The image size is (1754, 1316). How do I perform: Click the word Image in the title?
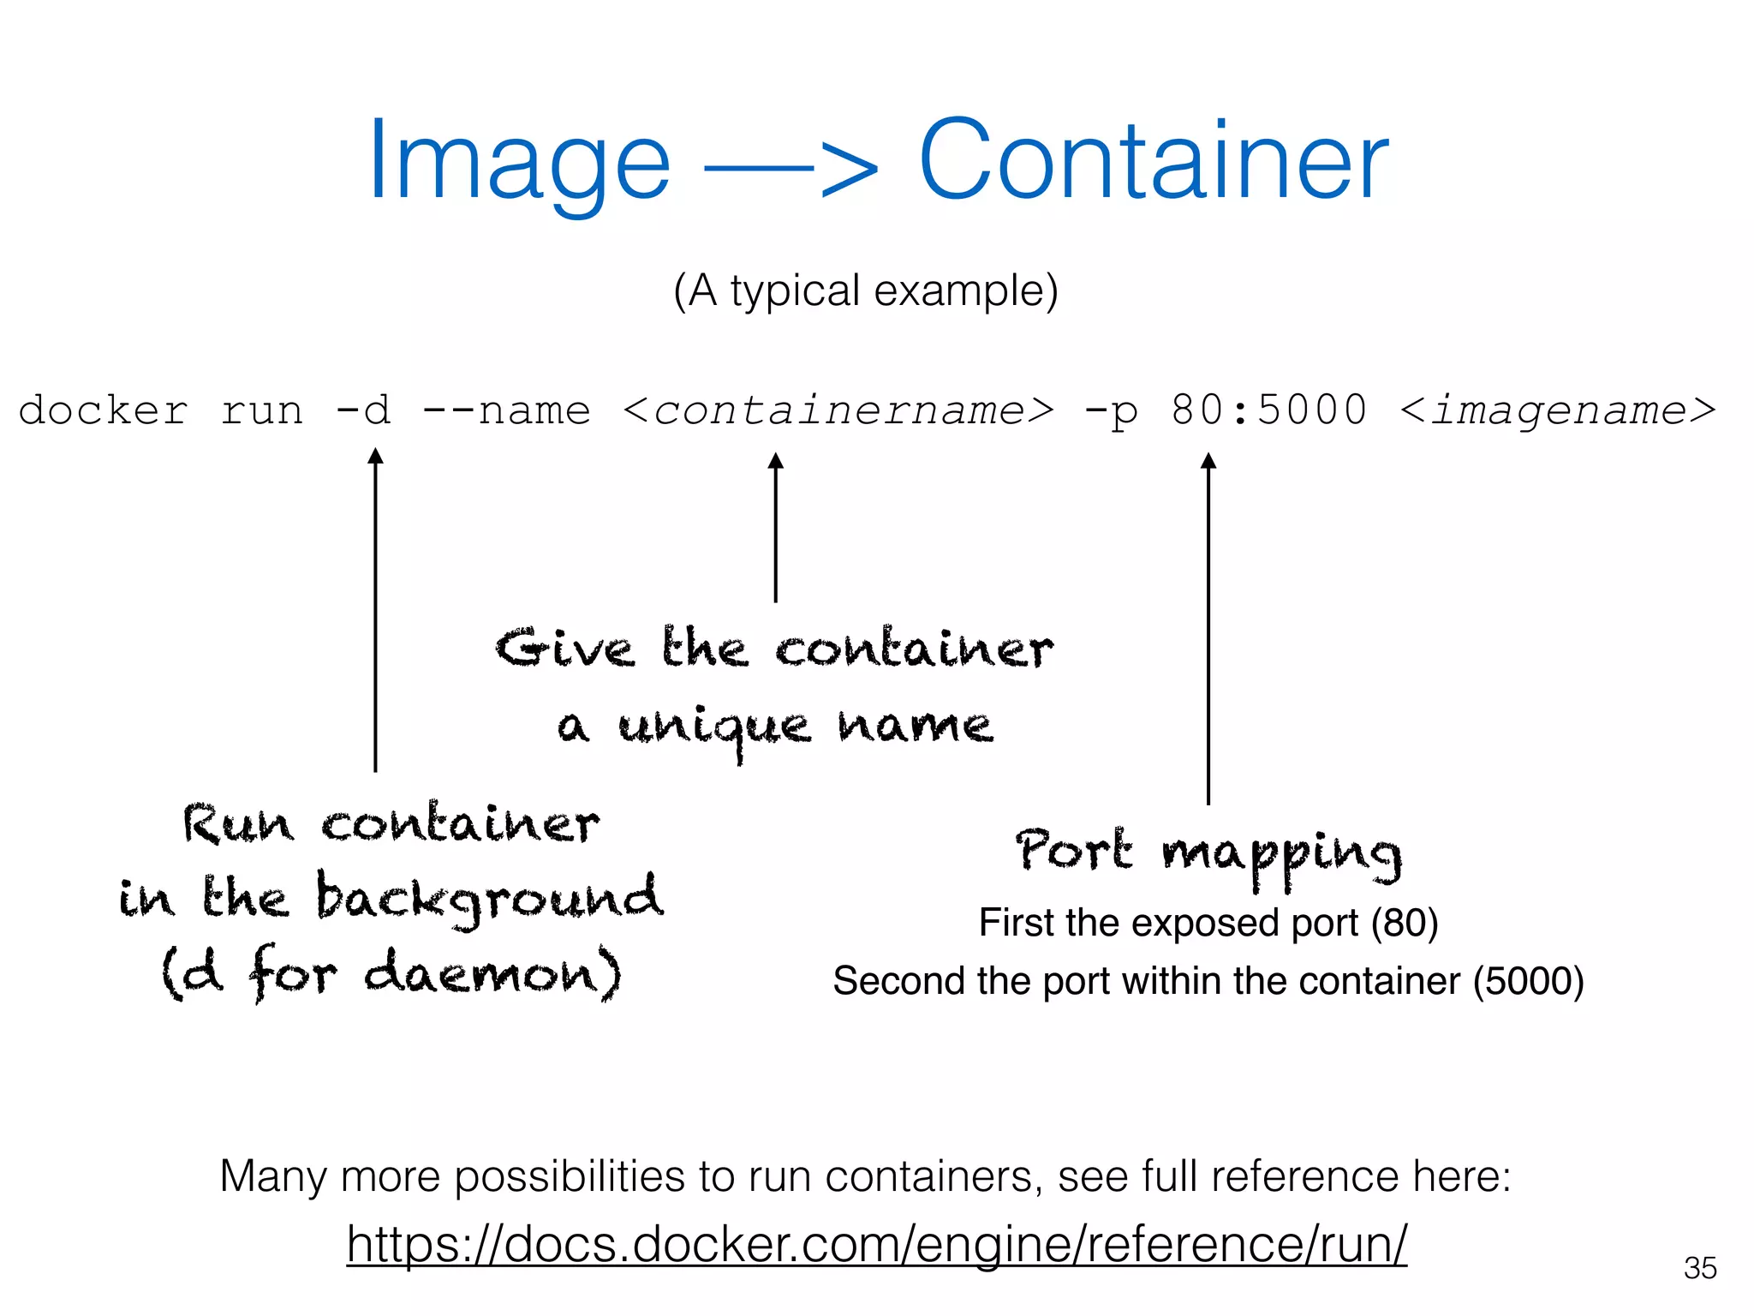click(x=519, y=163)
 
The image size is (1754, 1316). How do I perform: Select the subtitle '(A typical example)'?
click(x=866, y=291)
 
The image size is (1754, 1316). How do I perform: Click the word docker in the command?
click(x=103, y=410)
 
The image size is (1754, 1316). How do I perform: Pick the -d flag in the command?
click(x=363, y=410)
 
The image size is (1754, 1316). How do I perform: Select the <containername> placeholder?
click(x=838, y=410)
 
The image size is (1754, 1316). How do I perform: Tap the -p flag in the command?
click(x=1111, y=411)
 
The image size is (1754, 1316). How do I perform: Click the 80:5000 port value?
click(x=1269, y=410)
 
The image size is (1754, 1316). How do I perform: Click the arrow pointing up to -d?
click(x=375, y=608)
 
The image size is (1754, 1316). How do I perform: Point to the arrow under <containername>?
click(x=776, y=527)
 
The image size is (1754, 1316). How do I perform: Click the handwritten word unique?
click(x=714, y=728)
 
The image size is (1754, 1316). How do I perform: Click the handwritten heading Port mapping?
click(x=1208, y=852)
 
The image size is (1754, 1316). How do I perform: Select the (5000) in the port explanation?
click(x=1529, y=981)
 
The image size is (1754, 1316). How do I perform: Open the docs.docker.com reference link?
click(x=877, y=1244)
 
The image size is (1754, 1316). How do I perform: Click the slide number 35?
click(x=1700, y=1268)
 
